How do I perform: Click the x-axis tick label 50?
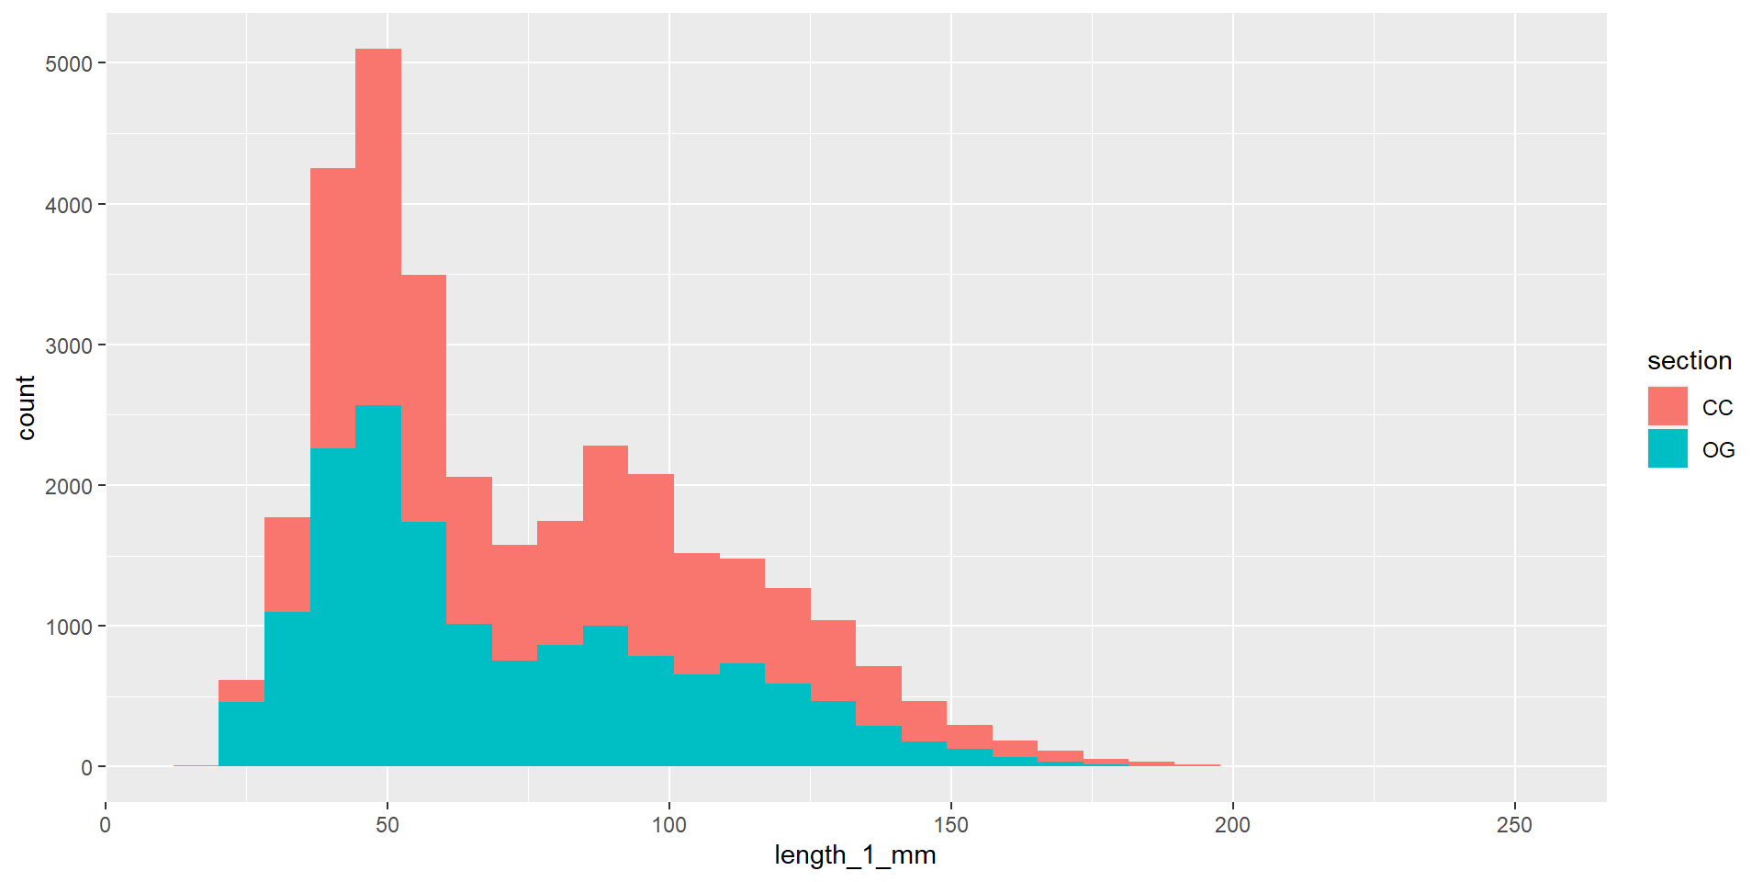point(387,825)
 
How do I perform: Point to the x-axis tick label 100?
point(669,825)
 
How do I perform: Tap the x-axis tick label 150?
point(951,825)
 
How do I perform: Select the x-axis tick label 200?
point(1232,825)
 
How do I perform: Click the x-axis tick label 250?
point(1514,825)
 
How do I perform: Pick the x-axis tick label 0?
point(106,825)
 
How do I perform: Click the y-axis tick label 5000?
point(69,64)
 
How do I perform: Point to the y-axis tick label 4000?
point(69,205)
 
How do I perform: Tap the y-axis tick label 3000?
point(69,345)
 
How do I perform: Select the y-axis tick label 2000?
point(69,486)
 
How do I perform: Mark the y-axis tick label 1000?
point(69,627)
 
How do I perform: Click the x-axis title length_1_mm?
point(855,855)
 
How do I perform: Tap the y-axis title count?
point(26,408)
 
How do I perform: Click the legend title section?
point(1690,361)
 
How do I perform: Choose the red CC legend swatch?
point(1668,406)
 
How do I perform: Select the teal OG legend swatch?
point(1668,448)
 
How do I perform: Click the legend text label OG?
point(1718,450)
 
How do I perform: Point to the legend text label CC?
point(1717,408)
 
